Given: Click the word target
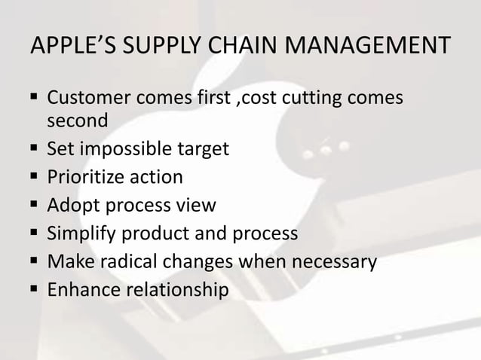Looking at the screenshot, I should point(204,149).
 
